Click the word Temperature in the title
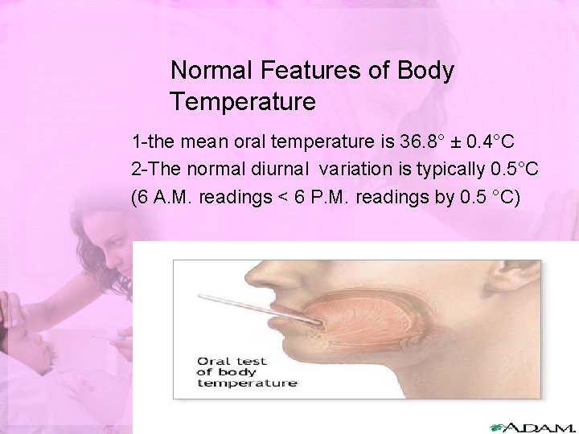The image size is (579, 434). coord(243,103)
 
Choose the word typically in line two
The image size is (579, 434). coord(450,170)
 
